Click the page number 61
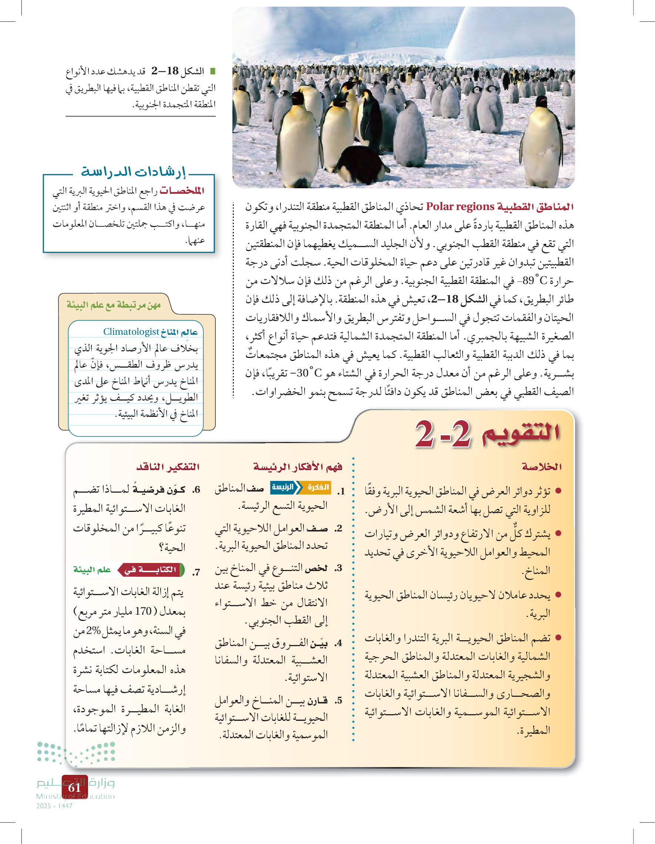[74, 787]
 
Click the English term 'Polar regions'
[460, 207]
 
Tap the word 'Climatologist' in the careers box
[131, 331]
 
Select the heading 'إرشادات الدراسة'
[133, 172]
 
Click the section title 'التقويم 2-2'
[487, 434]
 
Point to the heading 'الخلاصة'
[542, 467]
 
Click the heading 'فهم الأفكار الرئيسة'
[298, 467]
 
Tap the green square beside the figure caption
[212, 71]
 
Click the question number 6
[197, 490]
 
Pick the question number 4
[339, 643]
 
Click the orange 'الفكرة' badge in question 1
[318, 487]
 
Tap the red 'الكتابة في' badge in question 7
[152, 569]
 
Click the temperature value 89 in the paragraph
[528, 281]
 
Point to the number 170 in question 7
[143, 611]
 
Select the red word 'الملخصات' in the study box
[182, 190]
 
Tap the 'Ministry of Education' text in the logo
[75, 796]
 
